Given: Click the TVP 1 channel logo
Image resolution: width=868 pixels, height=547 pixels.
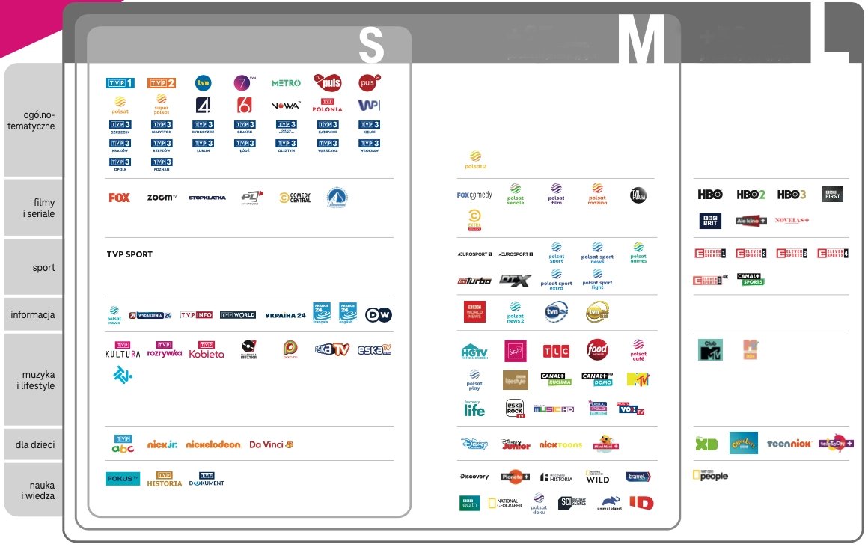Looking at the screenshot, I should coord(120,83).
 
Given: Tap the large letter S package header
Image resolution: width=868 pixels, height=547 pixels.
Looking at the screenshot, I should coord(371,46).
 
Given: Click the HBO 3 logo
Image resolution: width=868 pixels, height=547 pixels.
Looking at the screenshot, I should coord(791,195).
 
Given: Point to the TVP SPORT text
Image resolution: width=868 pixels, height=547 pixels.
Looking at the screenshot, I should coord(129,254).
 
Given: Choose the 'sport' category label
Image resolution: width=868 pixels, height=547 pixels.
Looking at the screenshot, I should coord(43,267).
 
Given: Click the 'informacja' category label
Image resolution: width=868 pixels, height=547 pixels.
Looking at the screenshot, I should coord(33,315).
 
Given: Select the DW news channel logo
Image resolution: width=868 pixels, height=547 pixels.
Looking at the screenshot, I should coord(379,315).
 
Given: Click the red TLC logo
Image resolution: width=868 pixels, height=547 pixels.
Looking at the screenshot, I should coord(556,350).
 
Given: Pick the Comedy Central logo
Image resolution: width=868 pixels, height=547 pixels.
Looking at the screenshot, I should coord(294,198).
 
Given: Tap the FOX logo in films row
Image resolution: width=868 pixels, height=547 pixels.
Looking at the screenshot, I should coord(119,198).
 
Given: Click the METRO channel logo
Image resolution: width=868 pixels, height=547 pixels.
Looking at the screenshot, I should coord(286,83).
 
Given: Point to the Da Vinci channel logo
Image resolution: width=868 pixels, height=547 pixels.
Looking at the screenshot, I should coord(271,444).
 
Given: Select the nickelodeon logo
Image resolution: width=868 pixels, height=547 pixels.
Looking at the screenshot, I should coord(213,444).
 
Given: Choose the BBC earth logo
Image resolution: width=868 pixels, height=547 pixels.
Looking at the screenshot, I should coord(469,504).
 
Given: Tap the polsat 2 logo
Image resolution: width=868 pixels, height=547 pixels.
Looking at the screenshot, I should coord(475,159).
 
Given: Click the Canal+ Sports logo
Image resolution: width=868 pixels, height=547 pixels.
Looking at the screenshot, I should coord(751,280).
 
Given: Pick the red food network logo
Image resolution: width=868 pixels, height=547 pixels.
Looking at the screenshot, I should coord(597,349).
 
